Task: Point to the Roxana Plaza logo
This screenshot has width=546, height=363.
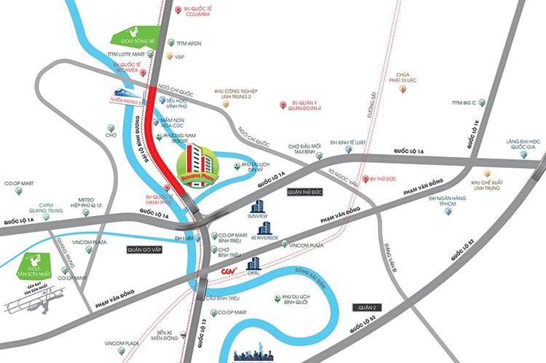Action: pos(195,167)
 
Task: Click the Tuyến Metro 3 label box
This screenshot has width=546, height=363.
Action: pos(130,102)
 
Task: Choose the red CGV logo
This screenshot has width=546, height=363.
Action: pos(229,272)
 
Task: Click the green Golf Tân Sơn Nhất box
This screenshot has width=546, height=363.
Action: pos(33,266)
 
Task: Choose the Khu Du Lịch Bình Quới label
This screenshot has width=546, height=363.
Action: pos(300,299)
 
